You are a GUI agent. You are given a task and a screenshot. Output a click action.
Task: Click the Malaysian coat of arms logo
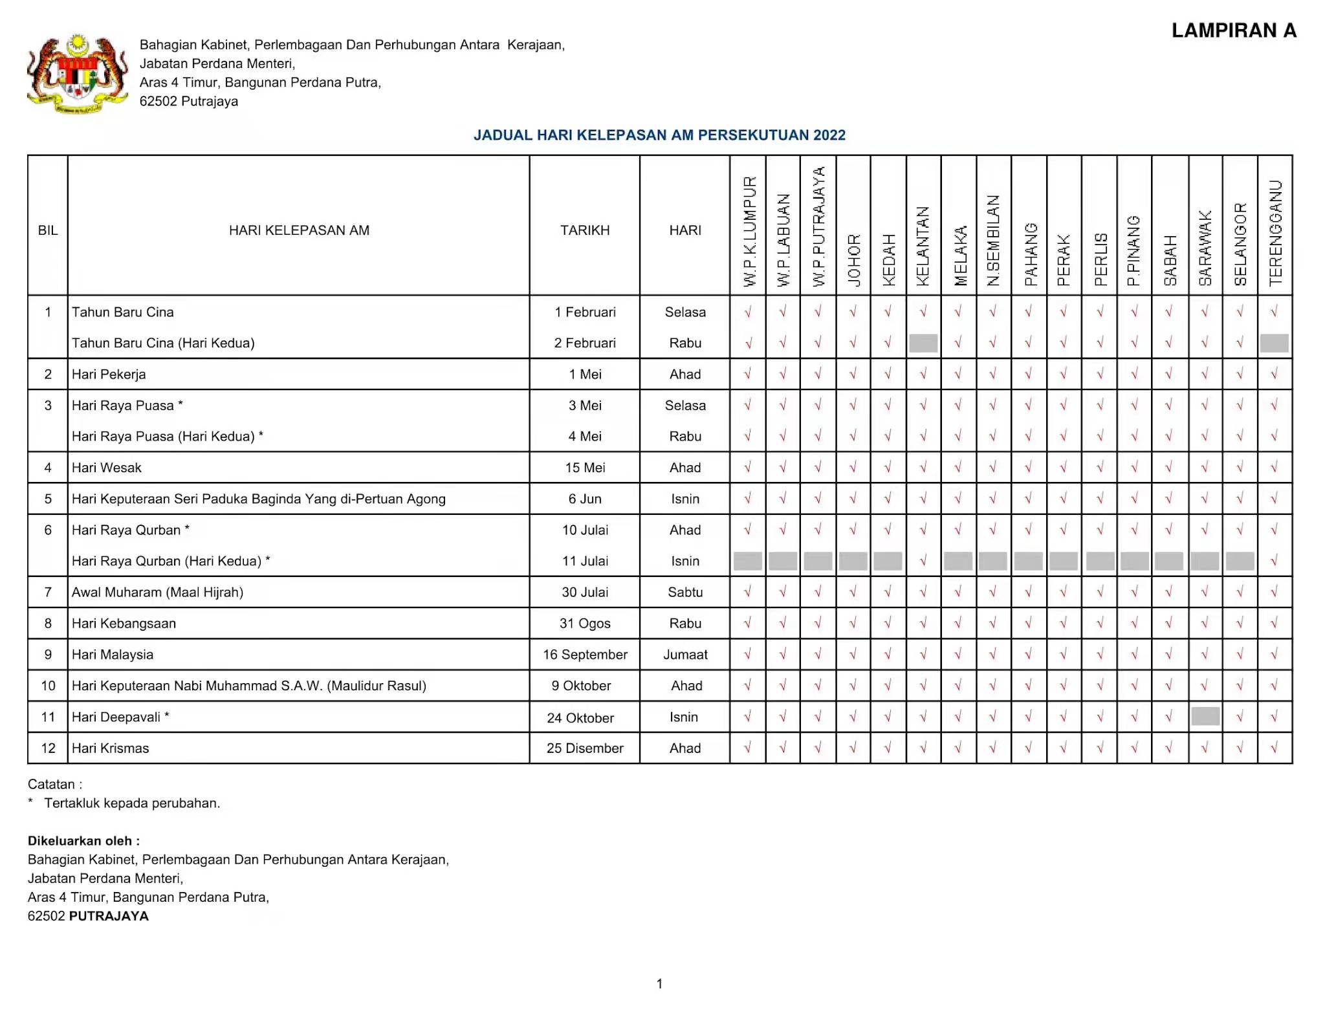(77, 74)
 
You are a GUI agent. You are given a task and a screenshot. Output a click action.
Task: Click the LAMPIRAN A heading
(1234, 30)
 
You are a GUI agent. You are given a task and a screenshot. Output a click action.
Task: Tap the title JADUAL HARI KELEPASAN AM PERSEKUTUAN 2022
(659, 135)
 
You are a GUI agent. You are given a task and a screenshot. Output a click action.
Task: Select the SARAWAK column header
(1205, 248)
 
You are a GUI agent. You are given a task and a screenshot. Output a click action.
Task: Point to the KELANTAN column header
(923, 246)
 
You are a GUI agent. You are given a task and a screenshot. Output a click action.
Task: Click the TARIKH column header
(585, 230)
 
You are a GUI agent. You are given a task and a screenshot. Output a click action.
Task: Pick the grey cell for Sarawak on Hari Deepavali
(1205, 716)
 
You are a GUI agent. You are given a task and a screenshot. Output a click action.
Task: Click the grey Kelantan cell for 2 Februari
(923, 343)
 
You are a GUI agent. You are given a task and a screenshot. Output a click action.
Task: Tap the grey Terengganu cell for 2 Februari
(1275, 343)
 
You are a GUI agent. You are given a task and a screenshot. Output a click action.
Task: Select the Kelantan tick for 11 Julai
(923, 561)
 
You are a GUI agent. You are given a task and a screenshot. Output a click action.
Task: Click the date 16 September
(585, 655)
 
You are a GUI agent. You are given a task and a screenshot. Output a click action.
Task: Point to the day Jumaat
(685, 655)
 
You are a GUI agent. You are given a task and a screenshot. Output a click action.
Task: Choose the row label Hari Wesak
(107, 468)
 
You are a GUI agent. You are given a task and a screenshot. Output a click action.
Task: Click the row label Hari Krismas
(111, 748)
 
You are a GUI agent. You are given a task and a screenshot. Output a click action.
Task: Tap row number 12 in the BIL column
(48, 748)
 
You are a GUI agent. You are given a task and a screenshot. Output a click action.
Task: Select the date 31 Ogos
(585, 624)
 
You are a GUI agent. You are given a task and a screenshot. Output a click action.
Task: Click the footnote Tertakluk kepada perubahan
(132, 803)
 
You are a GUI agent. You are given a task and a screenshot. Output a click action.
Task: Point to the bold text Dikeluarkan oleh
(83, 841)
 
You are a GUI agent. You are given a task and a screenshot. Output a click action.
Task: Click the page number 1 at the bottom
(659, 984)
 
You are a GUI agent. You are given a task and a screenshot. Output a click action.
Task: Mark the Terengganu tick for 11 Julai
(1275, 561)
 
